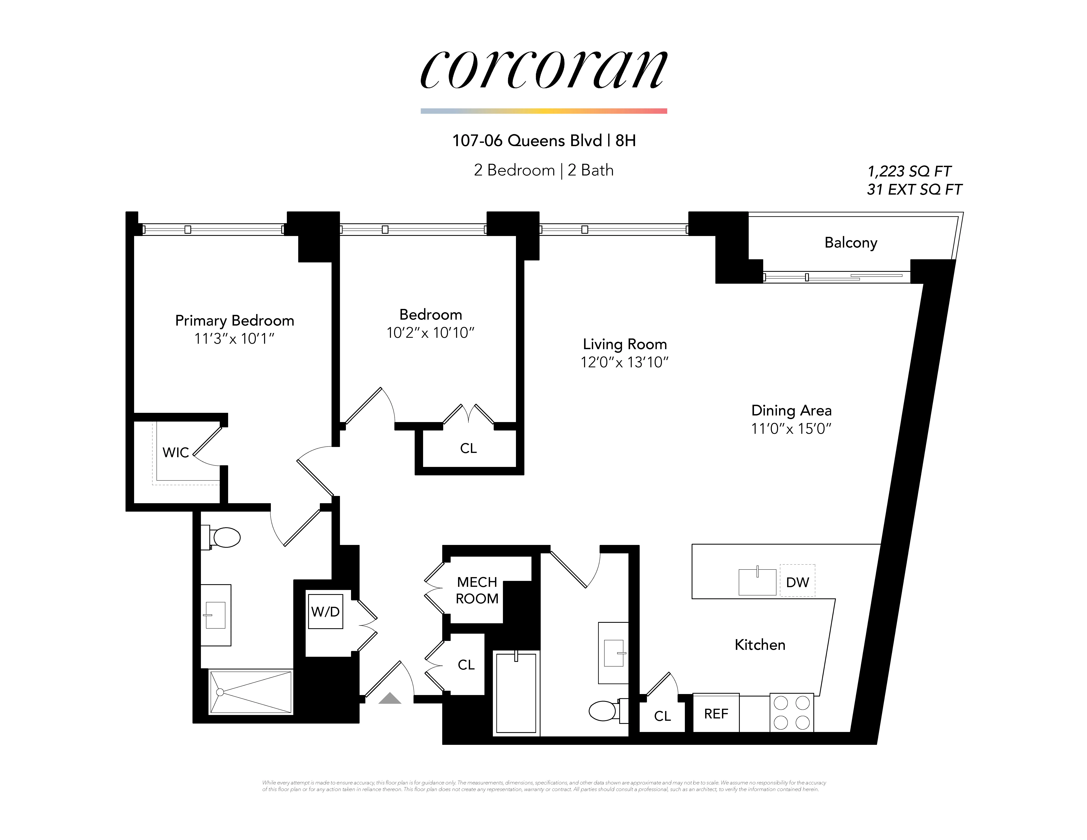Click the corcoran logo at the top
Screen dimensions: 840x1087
[x=543, y=70]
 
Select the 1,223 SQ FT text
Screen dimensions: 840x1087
[x=909, y=172]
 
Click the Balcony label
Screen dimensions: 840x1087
[x=851, y=243]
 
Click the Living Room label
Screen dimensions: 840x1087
[x=625, y=344]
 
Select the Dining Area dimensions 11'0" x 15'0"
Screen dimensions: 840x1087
[x=791, y=428]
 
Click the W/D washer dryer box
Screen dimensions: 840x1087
[x=325, y=612]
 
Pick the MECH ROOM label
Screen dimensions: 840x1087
[x=477, y=590]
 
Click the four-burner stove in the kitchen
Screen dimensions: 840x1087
[x=791, y=713]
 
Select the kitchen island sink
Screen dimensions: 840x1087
[x=757, y=582]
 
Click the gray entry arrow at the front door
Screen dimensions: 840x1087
[x=390, y=699]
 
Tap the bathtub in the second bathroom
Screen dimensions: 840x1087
[x=516, y=693]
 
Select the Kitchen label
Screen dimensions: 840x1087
[x=760, y=645]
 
